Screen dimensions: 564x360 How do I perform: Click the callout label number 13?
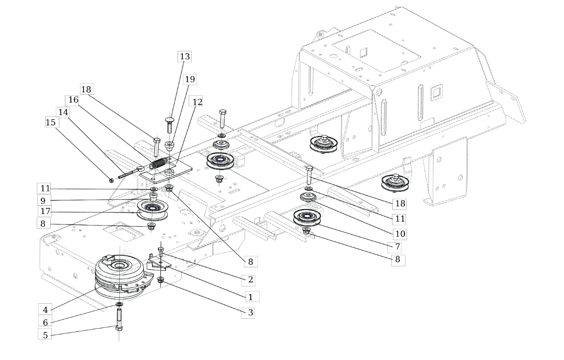[x=185, y=56]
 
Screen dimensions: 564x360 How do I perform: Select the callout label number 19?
[x=190, y=79]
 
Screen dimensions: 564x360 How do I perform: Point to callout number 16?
[x=73, y=100]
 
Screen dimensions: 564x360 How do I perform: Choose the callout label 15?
[x=51, y=122]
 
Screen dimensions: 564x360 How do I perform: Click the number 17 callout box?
[x=45, y=211]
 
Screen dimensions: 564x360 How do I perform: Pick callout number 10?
[x=400, y=234]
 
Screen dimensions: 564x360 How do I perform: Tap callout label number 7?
[x=397, y=247]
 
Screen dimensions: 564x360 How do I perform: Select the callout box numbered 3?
[x=251, y=313]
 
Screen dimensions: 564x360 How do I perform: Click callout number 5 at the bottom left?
[x=45, y=335]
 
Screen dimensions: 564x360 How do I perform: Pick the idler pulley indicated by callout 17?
[x=152, y=210]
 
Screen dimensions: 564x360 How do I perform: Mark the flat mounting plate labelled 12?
[x=166, y=170]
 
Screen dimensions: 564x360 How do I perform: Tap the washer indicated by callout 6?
[x=119, y=305]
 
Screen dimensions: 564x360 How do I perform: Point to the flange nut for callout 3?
[x=161, y=280]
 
